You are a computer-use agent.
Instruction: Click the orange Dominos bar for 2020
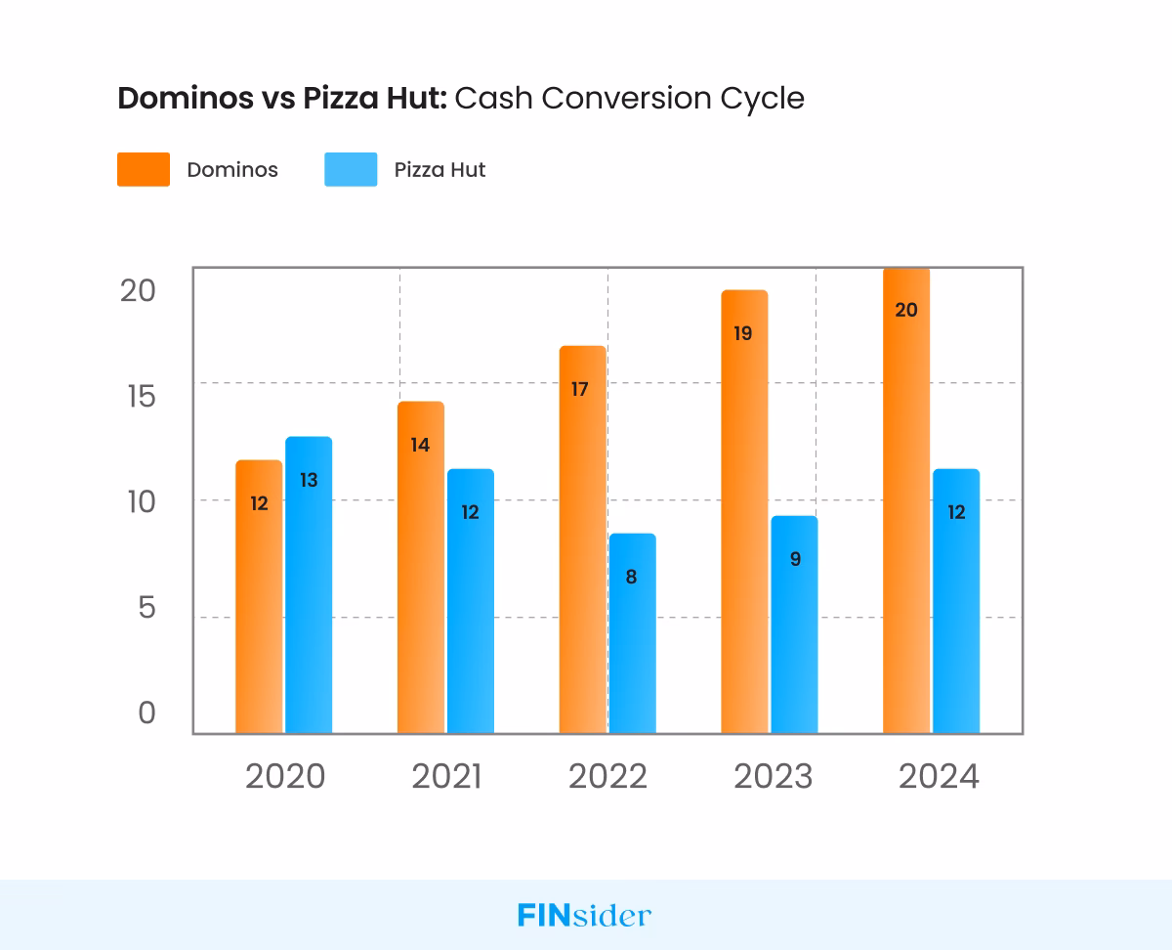coord(259,596)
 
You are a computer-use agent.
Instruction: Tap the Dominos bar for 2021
coord(420,567)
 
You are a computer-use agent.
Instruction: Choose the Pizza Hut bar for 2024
coord(956,601)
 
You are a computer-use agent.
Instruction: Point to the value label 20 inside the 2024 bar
coord(905,310)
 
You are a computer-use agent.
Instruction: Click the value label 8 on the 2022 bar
coord(631,577)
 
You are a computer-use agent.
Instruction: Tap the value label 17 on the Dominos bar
coord(579,389)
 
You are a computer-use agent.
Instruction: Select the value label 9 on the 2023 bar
coord(795,560)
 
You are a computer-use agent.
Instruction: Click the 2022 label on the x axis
coord(607,777)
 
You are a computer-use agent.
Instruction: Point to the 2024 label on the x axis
coord(938,777)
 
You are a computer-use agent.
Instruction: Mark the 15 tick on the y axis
coord(134,396)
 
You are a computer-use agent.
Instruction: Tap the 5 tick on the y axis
coord(146,608)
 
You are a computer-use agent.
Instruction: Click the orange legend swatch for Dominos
coord(144,169)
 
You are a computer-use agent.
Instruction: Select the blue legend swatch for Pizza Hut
coord(351,169)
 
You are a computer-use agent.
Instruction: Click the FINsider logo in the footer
coord(584,916)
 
